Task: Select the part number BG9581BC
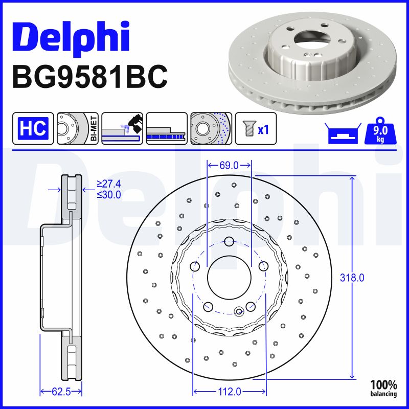click(89, 77)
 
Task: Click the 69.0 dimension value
click(229, 165)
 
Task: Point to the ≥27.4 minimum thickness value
click(108, 185)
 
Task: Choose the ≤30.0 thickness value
click(108, 194)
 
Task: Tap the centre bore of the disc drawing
click(229, 278)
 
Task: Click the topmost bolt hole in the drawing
click(229, 241)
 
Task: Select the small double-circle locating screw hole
click(238, 311)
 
